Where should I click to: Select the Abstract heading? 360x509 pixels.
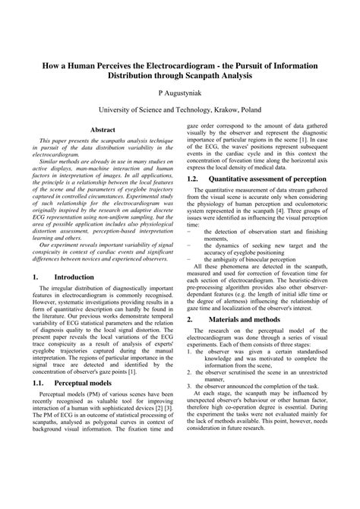point(103,130)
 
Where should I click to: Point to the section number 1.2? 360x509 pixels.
point(193,179)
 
